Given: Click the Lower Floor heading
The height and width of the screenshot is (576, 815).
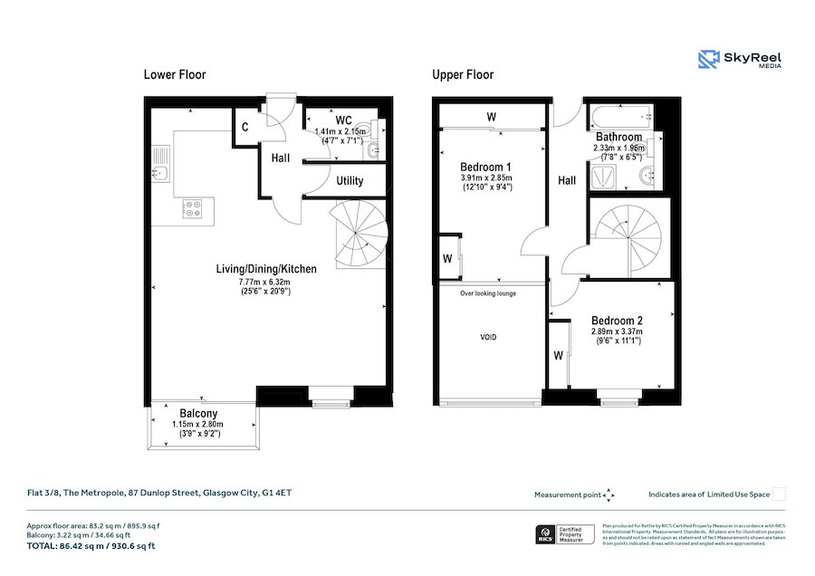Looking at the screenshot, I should point(175,75).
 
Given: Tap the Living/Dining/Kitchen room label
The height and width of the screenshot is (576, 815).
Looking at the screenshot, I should point(265,269).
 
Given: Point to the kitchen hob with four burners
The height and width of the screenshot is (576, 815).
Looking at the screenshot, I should point(193,209).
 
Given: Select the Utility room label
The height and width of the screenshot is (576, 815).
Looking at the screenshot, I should point(350,181).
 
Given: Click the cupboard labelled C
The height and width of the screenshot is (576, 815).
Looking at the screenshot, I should point(245,128).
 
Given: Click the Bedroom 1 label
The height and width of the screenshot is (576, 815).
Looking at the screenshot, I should point(485,168).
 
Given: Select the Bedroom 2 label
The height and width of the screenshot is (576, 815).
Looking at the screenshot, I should point(617,321).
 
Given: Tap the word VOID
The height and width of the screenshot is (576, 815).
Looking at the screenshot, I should point(488,337).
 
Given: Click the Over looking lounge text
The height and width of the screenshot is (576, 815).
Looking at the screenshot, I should point(487,293).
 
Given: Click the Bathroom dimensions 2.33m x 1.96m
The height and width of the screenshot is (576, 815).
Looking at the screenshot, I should point(618,148).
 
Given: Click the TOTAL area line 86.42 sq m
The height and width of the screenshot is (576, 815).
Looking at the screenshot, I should point(90,546).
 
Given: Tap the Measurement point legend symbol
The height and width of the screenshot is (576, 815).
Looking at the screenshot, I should point(609,494).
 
